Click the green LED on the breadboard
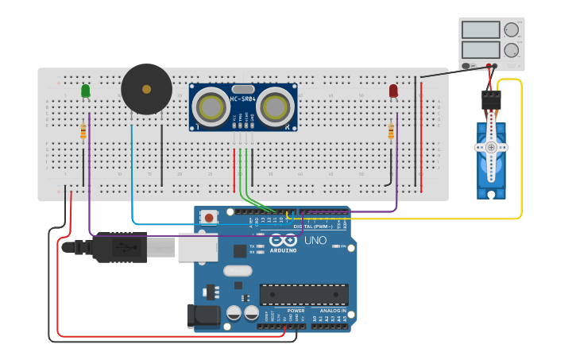[86, 91]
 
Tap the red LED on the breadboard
[393, 91]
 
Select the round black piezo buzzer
[146, 89]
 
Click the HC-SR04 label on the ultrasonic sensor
[242, 98]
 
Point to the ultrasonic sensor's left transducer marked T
[211, 107]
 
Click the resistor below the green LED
[83, 132]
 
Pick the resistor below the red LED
[391, 132]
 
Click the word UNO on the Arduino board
[315, 241]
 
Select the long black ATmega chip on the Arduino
[303, 294]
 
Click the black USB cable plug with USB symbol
[119, 247]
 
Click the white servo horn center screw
[491, 148]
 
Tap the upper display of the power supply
[480, 30]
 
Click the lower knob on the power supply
[511, 50]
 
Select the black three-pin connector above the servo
[491, 100]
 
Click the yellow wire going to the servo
[521, 159]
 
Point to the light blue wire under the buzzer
[132, 175]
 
